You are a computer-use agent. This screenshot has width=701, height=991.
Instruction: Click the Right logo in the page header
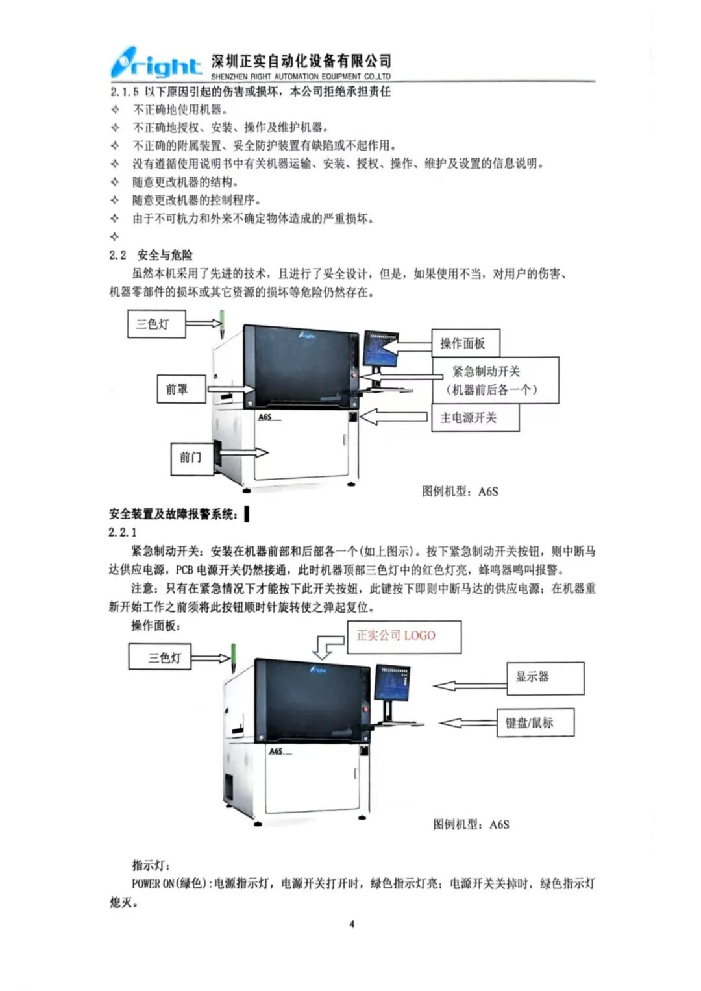(x=156, y=64)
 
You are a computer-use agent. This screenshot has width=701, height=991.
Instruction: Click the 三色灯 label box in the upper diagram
(x=156, y=324)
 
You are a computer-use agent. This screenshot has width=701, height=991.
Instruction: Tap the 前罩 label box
(x=181, y=389)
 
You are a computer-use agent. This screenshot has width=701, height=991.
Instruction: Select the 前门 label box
(x=191, y=458)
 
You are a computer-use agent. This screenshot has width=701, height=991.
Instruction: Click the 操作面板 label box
(x=465, y=343)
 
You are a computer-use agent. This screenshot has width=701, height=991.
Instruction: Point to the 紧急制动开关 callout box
(x=495, y=380)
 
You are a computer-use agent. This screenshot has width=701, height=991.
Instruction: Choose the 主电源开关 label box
(x=475, y=418)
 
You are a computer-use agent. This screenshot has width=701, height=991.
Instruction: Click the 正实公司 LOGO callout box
(x=404, y=636)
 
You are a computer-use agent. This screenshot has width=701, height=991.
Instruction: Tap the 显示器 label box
(x=545, y=678)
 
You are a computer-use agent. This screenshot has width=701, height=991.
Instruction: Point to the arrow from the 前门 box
(x=241, y=452)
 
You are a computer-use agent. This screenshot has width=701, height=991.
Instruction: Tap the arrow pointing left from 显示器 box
(x=469, y=685)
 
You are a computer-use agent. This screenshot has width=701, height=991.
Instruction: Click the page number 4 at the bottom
(x=352, y=924)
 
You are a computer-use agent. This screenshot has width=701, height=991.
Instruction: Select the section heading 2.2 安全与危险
(x=151, y=255)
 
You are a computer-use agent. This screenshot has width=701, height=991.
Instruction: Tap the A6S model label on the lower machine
(x=277, y=751)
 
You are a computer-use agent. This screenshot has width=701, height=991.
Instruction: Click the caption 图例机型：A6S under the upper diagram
(x=460, y=491)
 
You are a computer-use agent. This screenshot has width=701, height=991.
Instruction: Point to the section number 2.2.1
(x=123, y=532)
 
